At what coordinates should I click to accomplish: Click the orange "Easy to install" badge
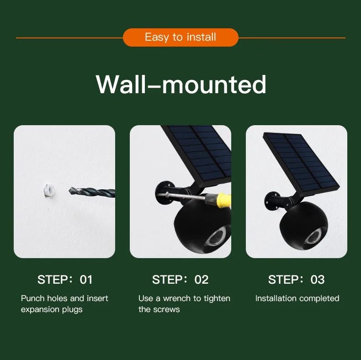pos(180,37)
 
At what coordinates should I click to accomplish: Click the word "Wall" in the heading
pos(121,84)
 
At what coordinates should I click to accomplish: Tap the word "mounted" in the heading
pos(214,84)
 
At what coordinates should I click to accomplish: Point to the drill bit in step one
pos(92,192)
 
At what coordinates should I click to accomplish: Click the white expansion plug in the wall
pos(49,191)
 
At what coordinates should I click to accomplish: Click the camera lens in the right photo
pos(314,237)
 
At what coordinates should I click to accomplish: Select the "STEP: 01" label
pos(65,280)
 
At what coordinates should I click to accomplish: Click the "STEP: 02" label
pos(180,280)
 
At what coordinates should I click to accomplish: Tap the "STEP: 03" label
pos(296,280)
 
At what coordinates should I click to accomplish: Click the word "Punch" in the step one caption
pos(33,298)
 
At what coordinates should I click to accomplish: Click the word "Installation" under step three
pos(276,298)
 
